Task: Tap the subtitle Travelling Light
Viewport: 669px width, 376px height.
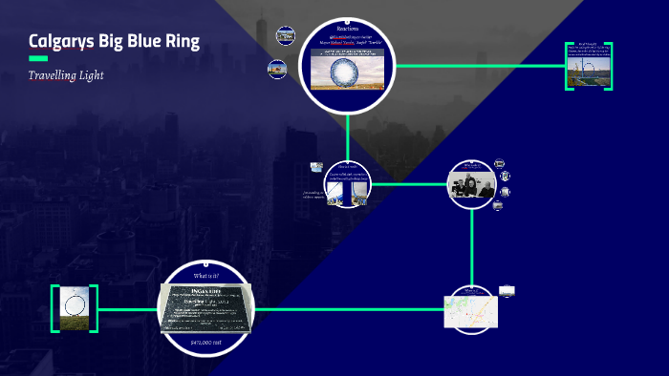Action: click(66, 74)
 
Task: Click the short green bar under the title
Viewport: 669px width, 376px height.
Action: click(38, 59)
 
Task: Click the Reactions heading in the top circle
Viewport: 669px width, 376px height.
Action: click(348, 30)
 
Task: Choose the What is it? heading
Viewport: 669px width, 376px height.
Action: click(206, 276)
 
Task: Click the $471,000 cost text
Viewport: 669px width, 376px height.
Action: click(206, 341)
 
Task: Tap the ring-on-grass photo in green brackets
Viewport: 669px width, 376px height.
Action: click(76, 308)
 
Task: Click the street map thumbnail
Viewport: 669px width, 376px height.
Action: click(471, 308)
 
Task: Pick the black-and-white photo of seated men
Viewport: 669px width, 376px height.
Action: click(471, 184)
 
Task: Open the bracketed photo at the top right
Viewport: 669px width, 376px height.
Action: click(588, 65)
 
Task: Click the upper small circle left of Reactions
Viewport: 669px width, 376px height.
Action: click(285, 35)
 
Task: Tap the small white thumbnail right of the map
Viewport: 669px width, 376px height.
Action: click(507, 290)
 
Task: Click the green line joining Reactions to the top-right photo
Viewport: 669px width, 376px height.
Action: click(478, 66)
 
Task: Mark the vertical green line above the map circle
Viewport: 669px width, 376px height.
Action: click(471, 243)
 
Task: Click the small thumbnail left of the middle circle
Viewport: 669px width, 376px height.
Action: click(315, 167)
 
